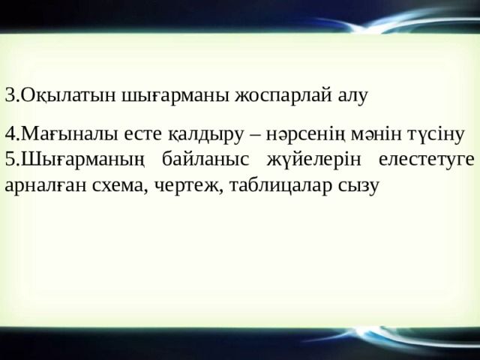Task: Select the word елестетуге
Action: [426, 159]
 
